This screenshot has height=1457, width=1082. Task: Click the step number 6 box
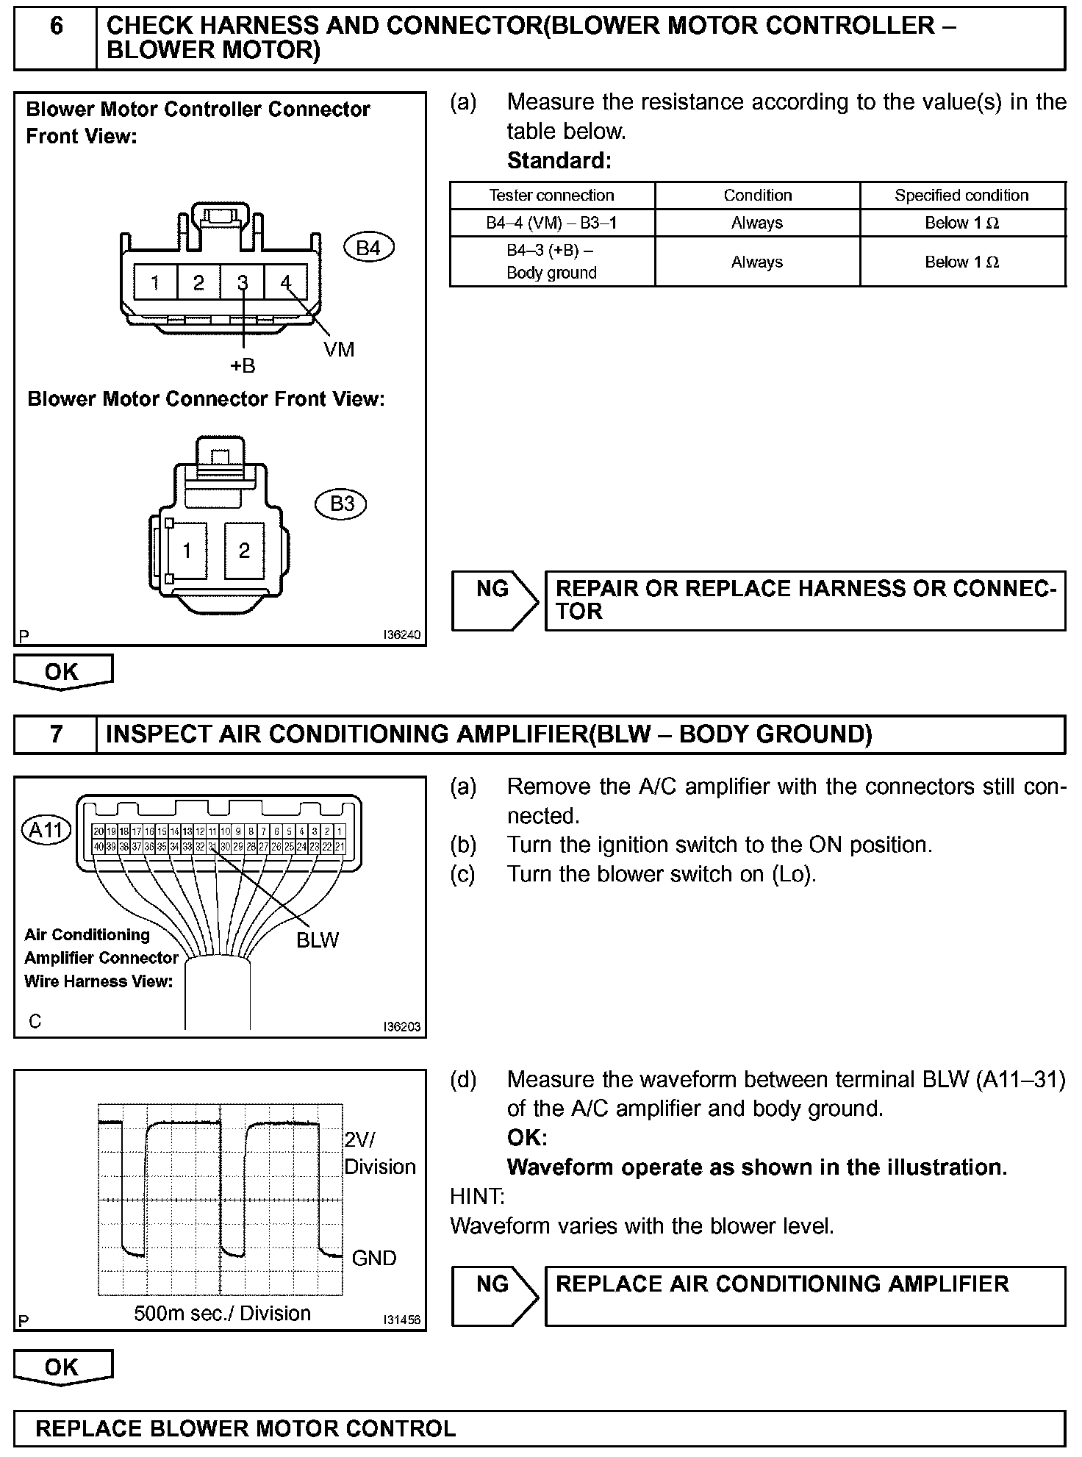(x=56, y=38)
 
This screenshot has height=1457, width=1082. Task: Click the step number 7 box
(x=56, y=734)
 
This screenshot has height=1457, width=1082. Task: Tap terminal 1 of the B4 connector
(x=155, y=283)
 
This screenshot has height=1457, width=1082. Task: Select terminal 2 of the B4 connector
(x=198, y=283)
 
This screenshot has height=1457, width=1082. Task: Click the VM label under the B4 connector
(x=339, y=350)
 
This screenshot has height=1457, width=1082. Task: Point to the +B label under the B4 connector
(x=243, y=366)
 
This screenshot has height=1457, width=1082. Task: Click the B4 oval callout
(x=368, y=248)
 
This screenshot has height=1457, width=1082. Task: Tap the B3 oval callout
(x=342, y=504)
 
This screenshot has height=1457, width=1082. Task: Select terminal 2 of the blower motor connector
(x=244, y=551)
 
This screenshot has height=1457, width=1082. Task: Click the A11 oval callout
(x=47, y=830)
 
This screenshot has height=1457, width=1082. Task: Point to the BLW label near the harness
(x=318, y=940)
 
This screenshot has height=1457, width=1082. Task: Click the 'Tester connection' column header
(x=551, y=196)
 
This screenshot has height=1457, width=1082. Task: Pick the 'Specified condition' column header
(x=961, y=196)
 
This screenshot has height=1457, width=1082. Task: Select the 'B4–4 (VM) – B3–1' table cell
(x=551, y=223)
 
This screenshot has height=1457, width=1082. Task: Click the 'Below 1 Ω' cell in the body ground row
(x=961, y=262)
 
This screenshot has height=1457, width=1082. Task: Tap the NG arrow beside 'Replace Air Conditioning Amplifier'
(x=494, y=1295)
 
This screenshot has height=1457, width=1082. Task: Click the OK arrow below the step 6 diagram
(x=62, y=672)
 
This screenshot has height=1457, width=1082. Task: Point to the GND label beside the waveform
(x=374, y=1258)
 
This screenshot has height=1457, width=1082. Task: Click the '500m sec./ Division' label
(x=222, y=1313)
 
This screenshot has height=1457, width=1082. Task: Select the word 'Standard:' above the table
(x=559, y=160)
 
